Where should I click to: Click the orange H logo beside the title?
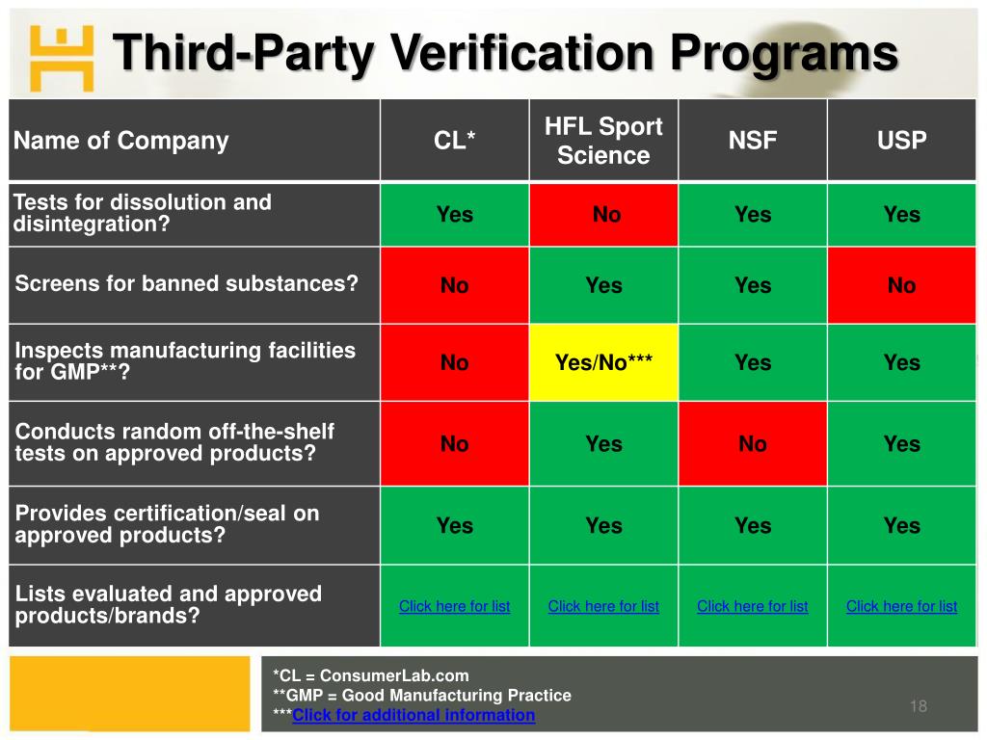pyautogui.click(x=61, y=57)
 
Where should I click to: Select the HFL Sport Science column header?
pyautogui.click(x=603, y=141)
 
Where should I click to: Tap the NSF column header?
pyautogui.click(x=752, y=141)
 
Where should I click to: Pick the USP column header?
pyautogui.click(x=901, y=141)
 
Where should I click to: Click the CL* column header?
pyautogui.click(x=454, y=141)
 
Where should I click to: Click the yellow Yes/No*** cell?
pyautogui.click(x=603, y=363)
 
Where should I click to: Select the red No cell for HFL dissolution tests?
pyautogui.click(x=606, y=215)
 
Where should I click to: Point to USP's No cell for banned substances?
pyautogui.click(x=901, y=285)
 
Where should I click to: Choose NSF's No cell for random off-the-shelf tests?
pyautogui.click(x=752, y=444)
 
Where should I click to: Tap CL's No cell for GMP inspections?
pyautogui.click(x=454, y=363)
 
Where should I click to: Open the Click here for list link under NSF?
pyautogui.click(x=752, y=606)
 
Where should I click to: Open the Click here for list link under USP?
pyautogui.click(x=901, y=606)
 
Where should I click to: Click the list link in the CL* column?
pyautogui.click(x=454, y=606)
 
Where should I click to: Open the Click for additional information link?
pyautogui.click(x=413, y=715)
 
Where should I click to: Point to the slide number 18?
pyautogui.click(x=918, y=707)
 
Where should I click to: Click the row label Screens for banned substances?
pyautogui.click(x=186, y=284)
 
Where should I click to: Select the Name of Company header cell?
pyautogui.click(x=120, y=141)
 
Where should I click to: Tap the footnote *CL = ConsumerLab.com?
pyautogui.click(x=371, y=675)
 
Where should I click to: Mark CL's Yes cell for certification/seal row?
pyautogui.click(x=454, y=526)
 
